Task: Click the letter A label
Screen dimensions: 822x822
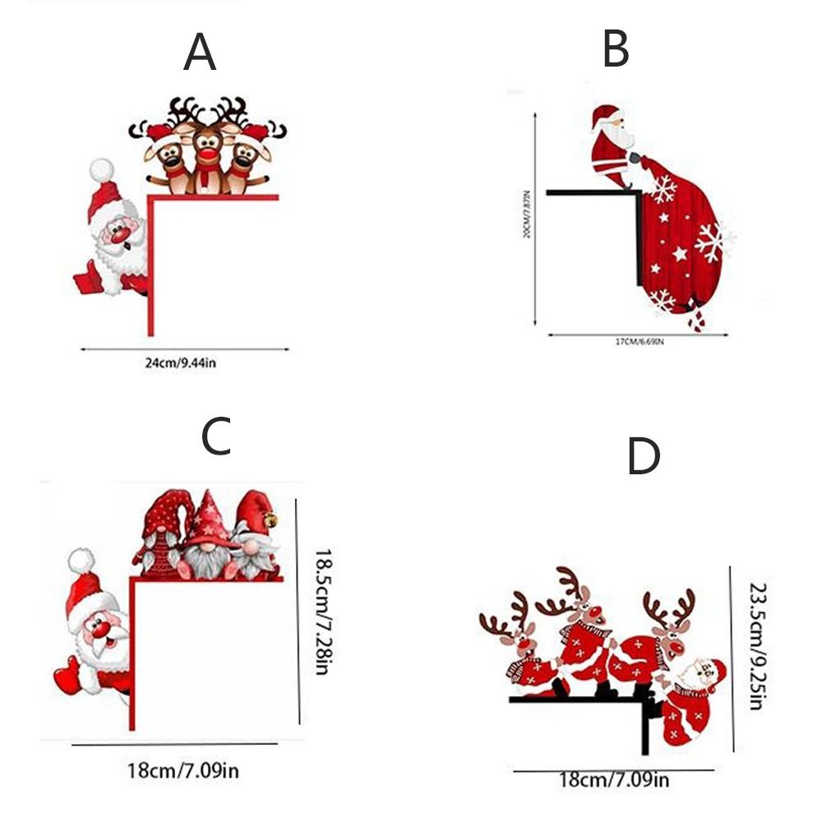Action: pyautogui.click(x=200, y=53)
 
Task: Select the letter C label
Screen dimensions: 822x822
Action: pyautogui.click(x=216, y=436)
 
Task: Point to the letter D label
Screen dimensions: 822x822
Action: pyautogui.click(x=644, y=457)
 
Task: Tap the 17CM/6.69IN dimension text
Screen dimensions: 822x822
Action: pyautogui.click(x=639, y=342)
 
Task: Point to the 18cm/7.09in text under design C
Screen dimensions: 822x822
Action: pyautogui.click(x=183, y=770)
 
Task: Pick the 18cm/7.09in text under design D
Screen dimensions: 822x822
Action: pyautogui.click(x=613, y=779)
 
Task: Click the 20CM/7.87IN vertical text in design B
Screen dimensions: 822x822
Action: pyautogui.click(x=527, y=212)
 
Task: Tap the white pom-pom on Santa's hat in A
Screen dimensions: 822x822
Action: pyautogui.click(x=101, y=169)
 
